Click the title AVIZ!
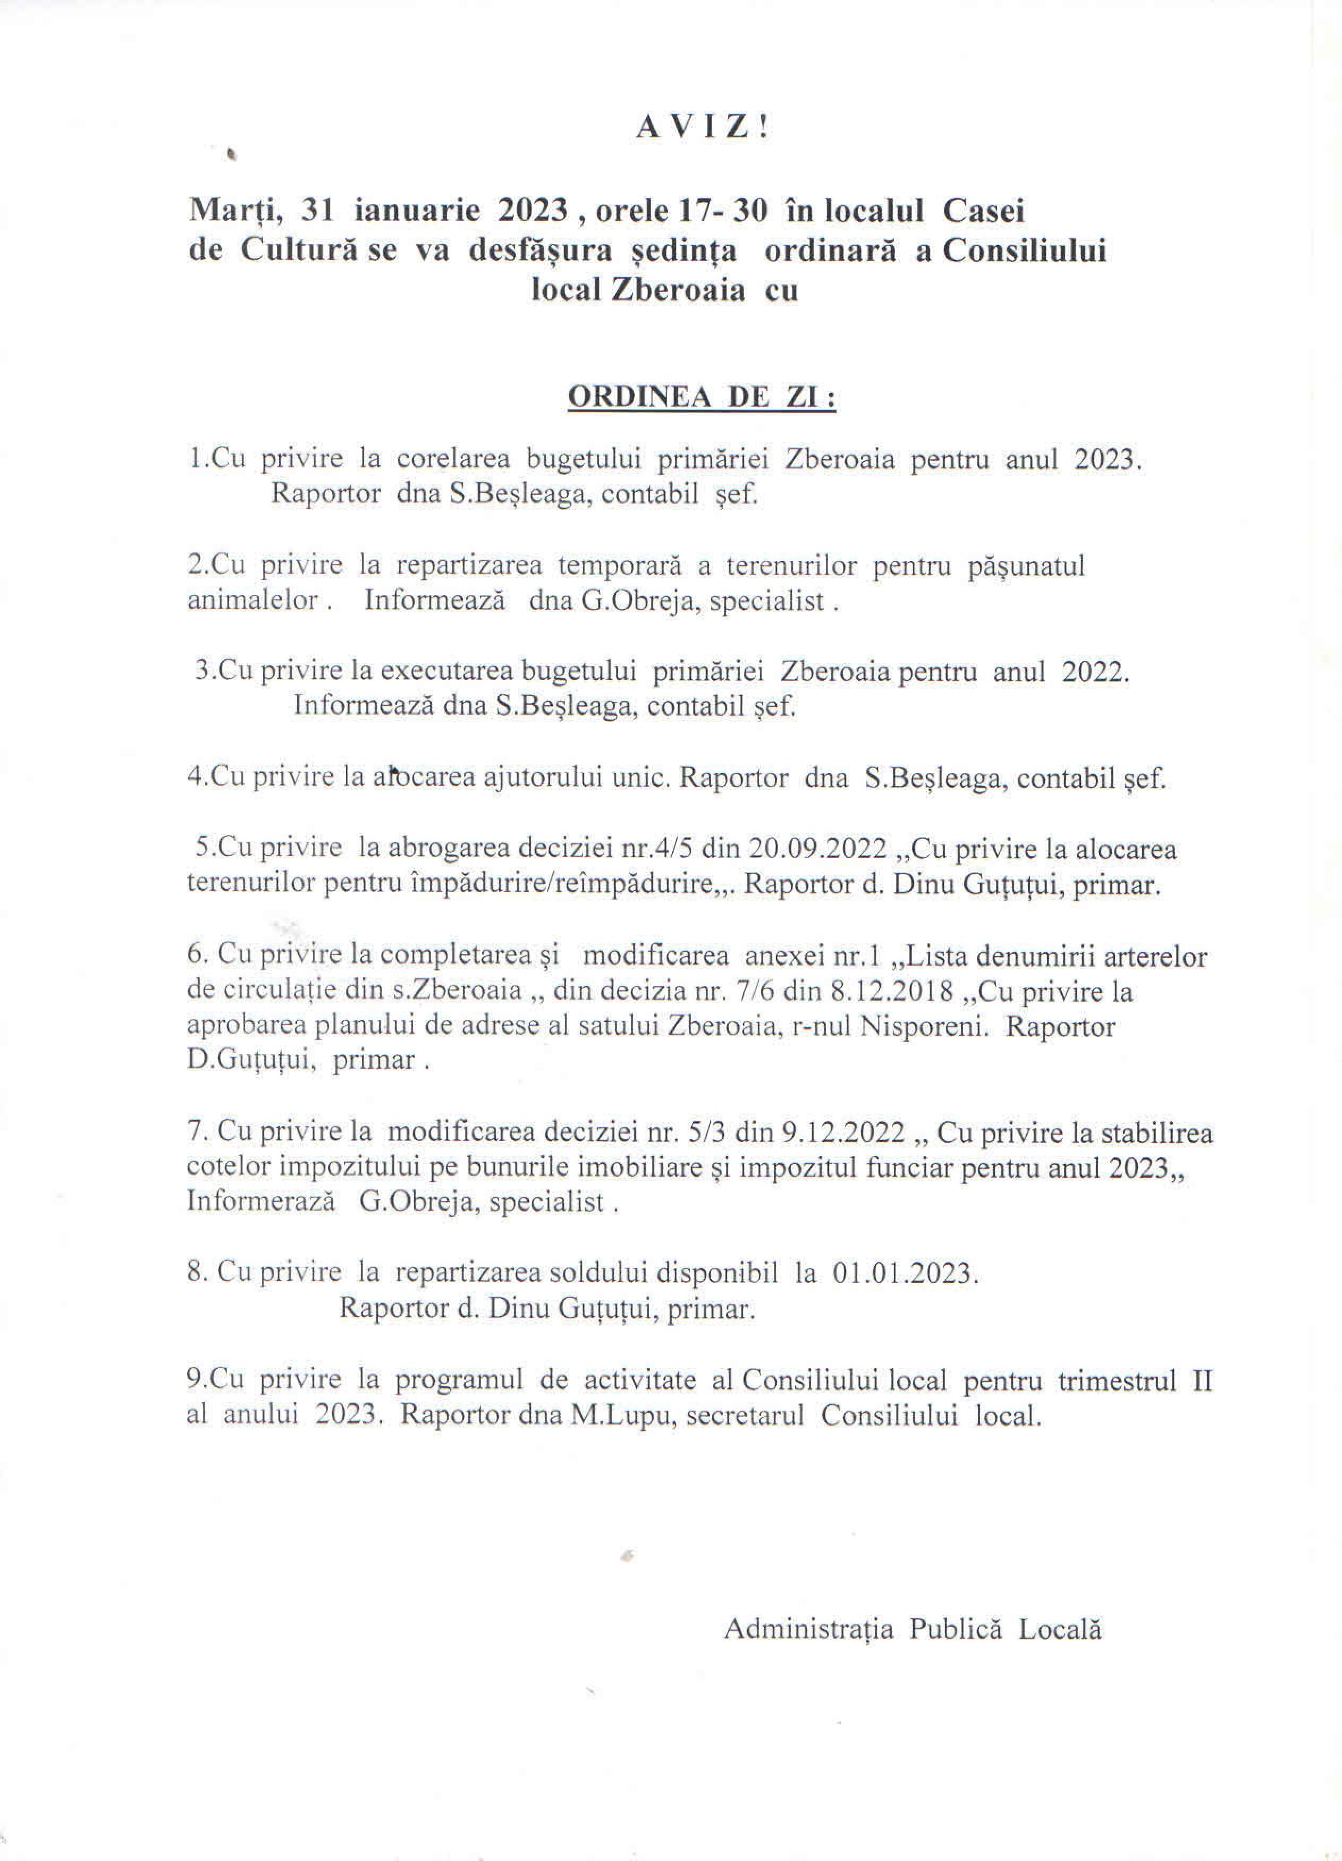(x=702, y=127)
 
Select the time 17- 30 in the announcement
(x=722, y=211)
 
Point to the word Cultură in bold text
(x=299, y=251)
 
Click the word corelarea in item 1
(x=453, y=459)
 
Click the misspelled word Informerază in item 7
(x=261, y=1202)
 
